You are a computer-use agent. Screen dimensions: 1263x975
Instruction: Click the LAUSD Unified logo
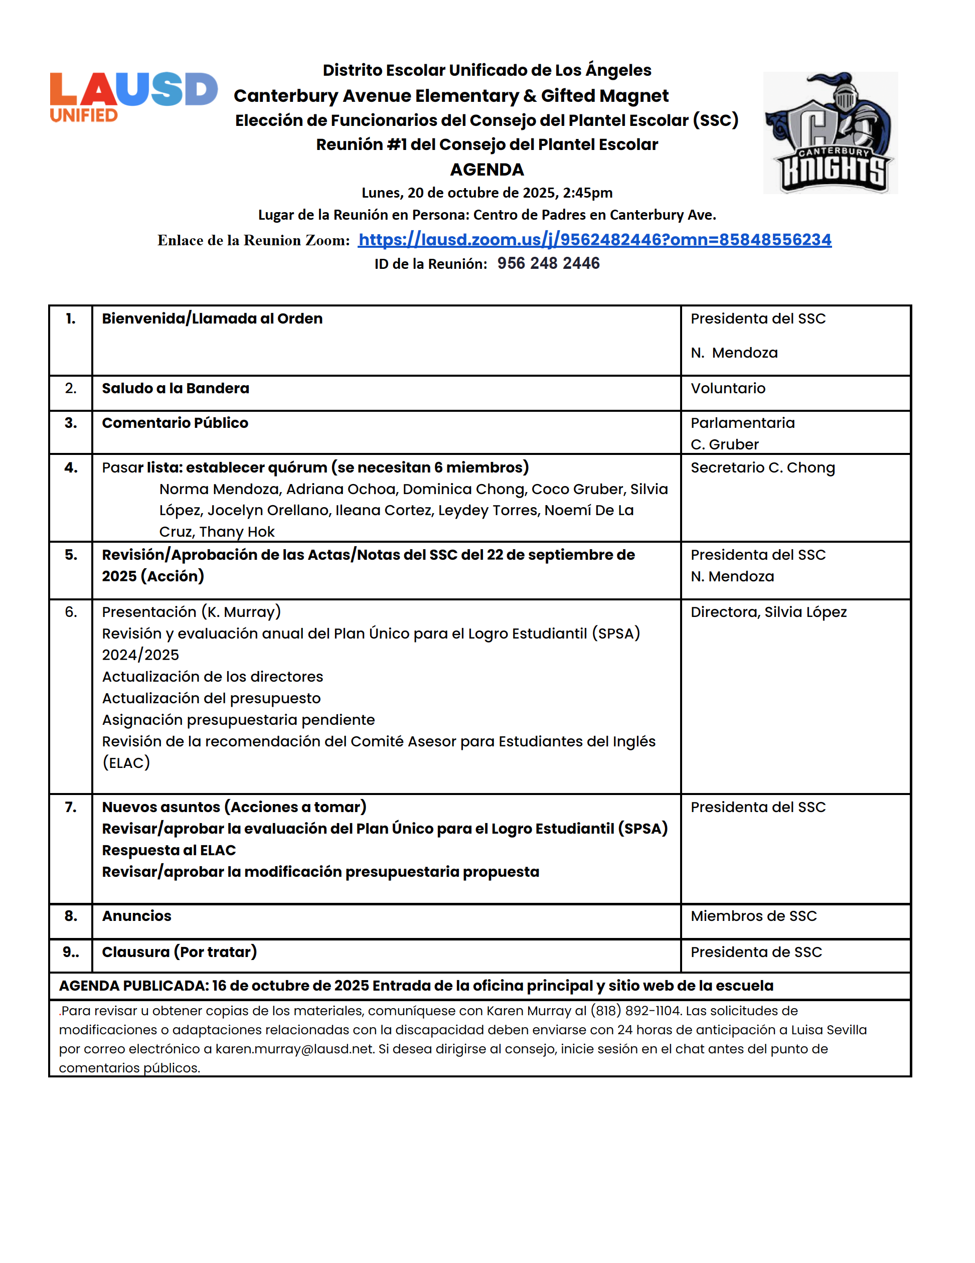click(133, 97)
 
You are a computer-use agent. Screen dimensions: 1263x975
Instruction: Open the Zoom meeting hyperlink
click(594, 239)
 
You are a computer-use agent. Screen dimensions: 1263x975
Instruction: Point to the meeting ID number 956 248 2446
click(548, 264)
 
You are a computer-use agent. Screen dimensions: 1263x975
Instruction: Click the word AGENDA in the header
click(487, 170)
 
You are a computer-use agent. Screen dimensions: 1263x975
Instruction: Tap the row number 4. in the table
click(71, 467)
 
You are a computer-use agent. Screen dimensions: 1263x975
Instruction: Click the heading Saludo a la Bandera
click(175, 388)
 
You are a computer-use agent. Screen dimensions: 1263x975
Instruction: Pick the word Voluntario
click(728, 388)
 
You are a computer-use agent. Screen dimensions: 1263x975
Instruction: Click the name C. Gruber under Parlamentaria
click(724, 444)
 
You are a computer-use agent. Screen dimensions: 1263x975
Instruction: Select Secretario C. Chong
click(762, 467)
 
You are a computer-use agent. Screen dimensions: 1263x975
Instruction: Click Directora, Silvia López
click(768, 612)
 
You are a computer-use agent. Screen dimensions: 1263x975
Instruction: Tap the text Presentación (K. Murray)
click(191, 612)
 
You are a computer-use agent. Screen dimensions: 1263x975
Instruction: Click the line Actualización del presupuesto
click(211, 698)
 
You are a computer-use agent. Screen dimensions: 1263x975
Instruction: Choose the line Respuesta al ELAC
click(169, 850)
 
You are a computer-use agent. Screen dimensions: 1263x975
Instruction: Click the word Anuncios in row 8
click(136, 916)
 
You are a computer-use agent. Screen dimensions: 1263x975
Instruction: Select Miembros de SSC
click(753, 916)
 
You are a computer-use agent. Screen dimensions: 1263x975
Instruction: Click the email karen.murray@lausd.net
click(294, 1049)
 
